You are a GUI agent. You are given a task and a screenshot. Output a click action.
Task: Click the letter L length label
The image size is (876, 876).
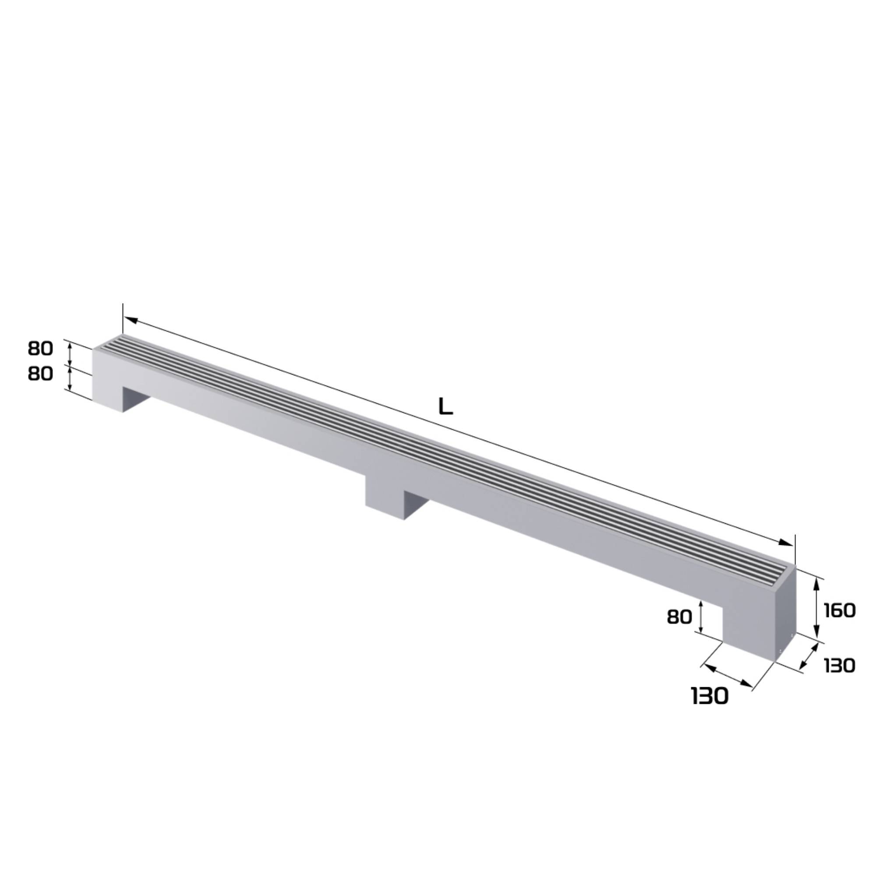(x=446, y=407)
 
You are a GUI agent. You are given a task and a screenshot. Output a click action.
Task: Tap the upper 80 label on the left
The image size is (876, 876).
(x=40, y=348)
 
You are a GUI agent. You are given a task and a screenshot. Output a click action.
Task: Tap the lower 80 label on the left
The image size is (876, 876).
(x=40, y=374)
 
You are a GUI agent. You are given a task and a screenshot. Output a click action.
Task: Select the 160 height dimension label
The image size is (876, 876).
(x=839, y=610)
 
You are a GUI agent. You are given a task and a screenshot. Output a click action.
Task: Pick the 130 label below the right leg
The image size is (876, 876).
(x=710, y=696)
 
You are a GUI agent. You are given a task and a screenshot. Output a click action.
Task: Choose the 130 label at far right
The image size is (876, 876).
(x=839, y=666)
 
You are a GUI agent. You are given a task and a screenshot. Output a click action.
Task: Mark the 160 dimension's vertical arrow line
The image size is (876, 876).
(x=816, y=608)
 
